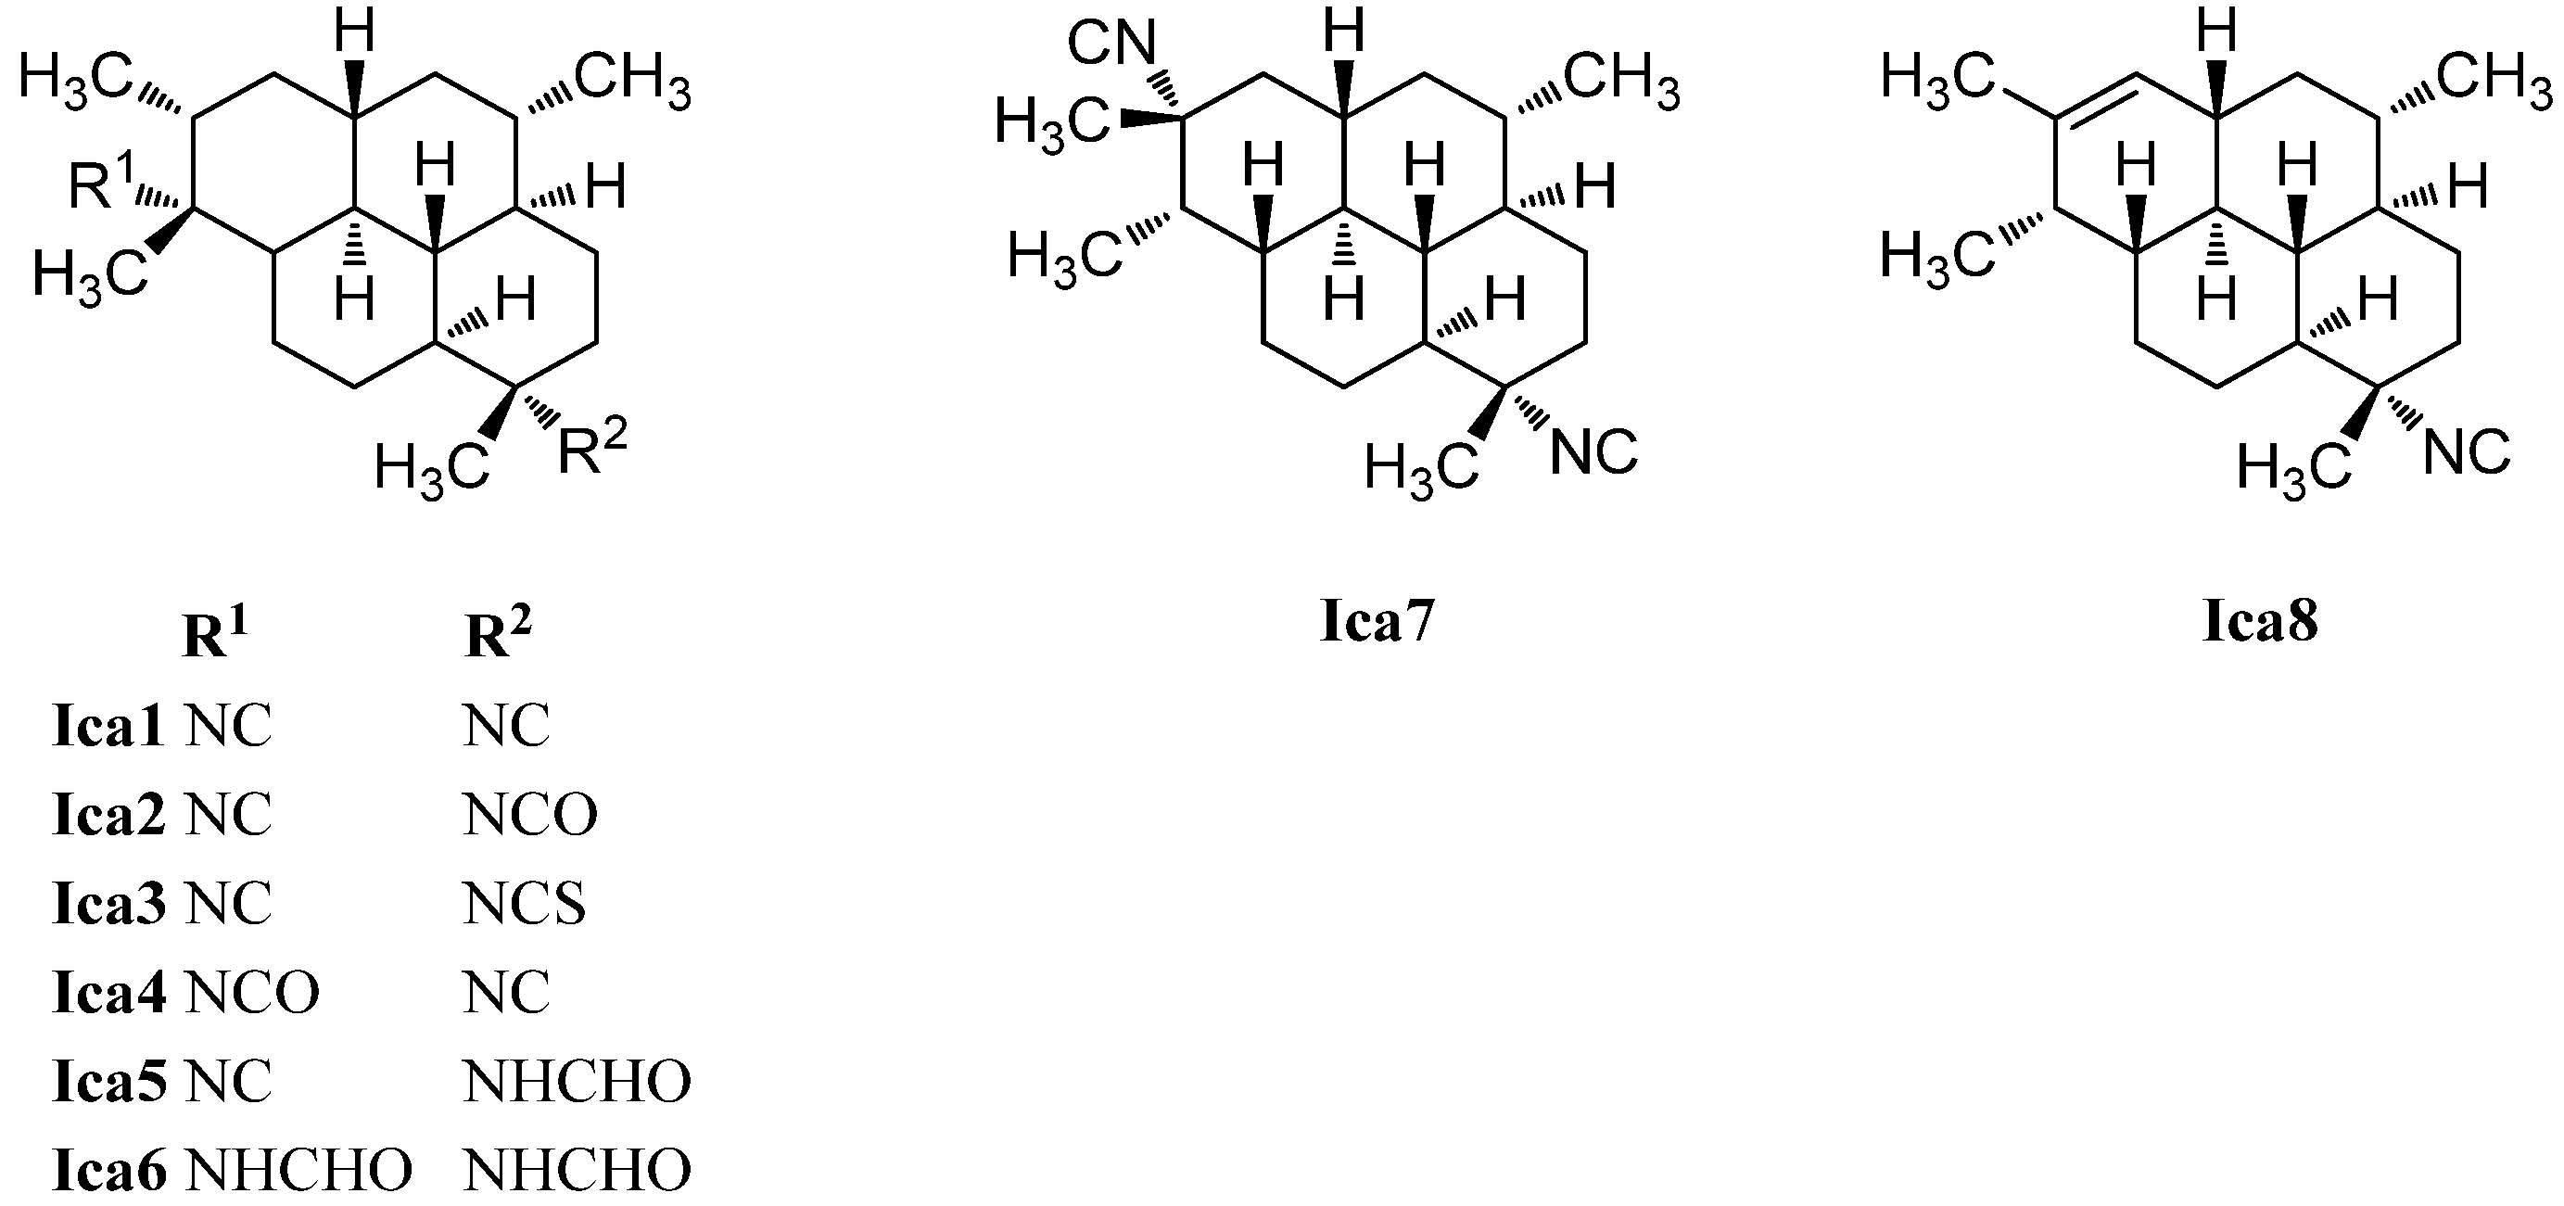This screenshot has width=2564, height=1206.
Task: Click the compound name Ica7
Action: (x=1377, y=622)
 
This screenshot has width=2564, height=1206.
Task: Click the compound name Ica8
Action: (x=2261, y=622)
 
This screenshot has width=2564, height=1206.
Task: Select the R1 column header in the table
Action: (x=215, y=634)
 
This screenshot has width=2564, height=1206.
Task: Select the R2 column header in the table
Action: (x=498, y=634)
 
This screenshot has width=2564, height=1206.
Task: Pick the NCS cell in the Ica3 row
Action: (x=525, y=905)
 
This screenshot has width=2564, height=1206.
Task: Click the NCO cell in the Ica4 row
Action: (x=253, y=992)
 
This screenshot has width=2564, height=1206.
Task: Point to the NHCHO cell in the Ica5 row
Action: (x=577, y=1082)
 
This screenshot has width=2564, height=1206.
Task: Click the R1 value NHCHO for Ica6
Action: (x=298, y=1170)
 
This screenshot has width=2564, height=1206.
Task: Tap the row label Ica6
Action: (x=108, y=1170)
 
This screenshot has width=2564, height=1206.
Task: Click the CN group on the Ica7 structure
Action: (x=1111, y=44)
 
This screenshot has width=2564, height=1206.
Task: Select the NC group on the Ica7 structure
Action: (x=1593, y=452)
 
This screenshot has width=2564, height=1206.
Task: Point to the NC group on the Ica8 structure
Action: (x=2467, y=452)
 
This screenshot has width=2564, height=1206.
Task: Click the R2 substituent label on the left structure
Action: (x=591, y=452)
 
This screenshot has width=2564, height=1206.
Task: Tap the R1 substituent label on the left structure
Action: (x=99, y=184)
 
